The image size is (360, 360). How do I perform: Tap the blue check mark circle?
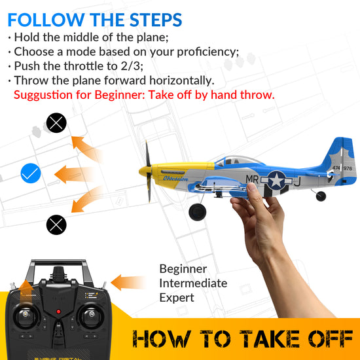(x=31, y=173)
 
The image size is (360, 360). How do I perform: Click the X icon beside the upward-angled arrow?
(x=56, y=122)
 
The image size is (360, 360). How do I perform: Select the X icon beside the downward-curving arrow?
(x=56, y=225)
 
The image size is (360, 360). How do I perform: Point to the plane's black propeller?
(x=149, y=171)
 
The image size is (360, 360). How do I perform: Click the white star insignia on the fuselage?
(x=278, y=179)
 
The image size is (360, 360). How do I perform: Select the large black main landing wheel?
(x=196, y=212)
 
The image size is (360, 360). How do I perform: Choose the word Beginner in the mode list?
(x=183, y=269)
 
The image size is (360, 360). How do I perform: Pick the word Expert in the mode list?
(x=177, y=298)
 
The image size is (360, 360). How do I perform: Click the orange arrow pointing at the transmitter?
(x=127, y=283)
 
